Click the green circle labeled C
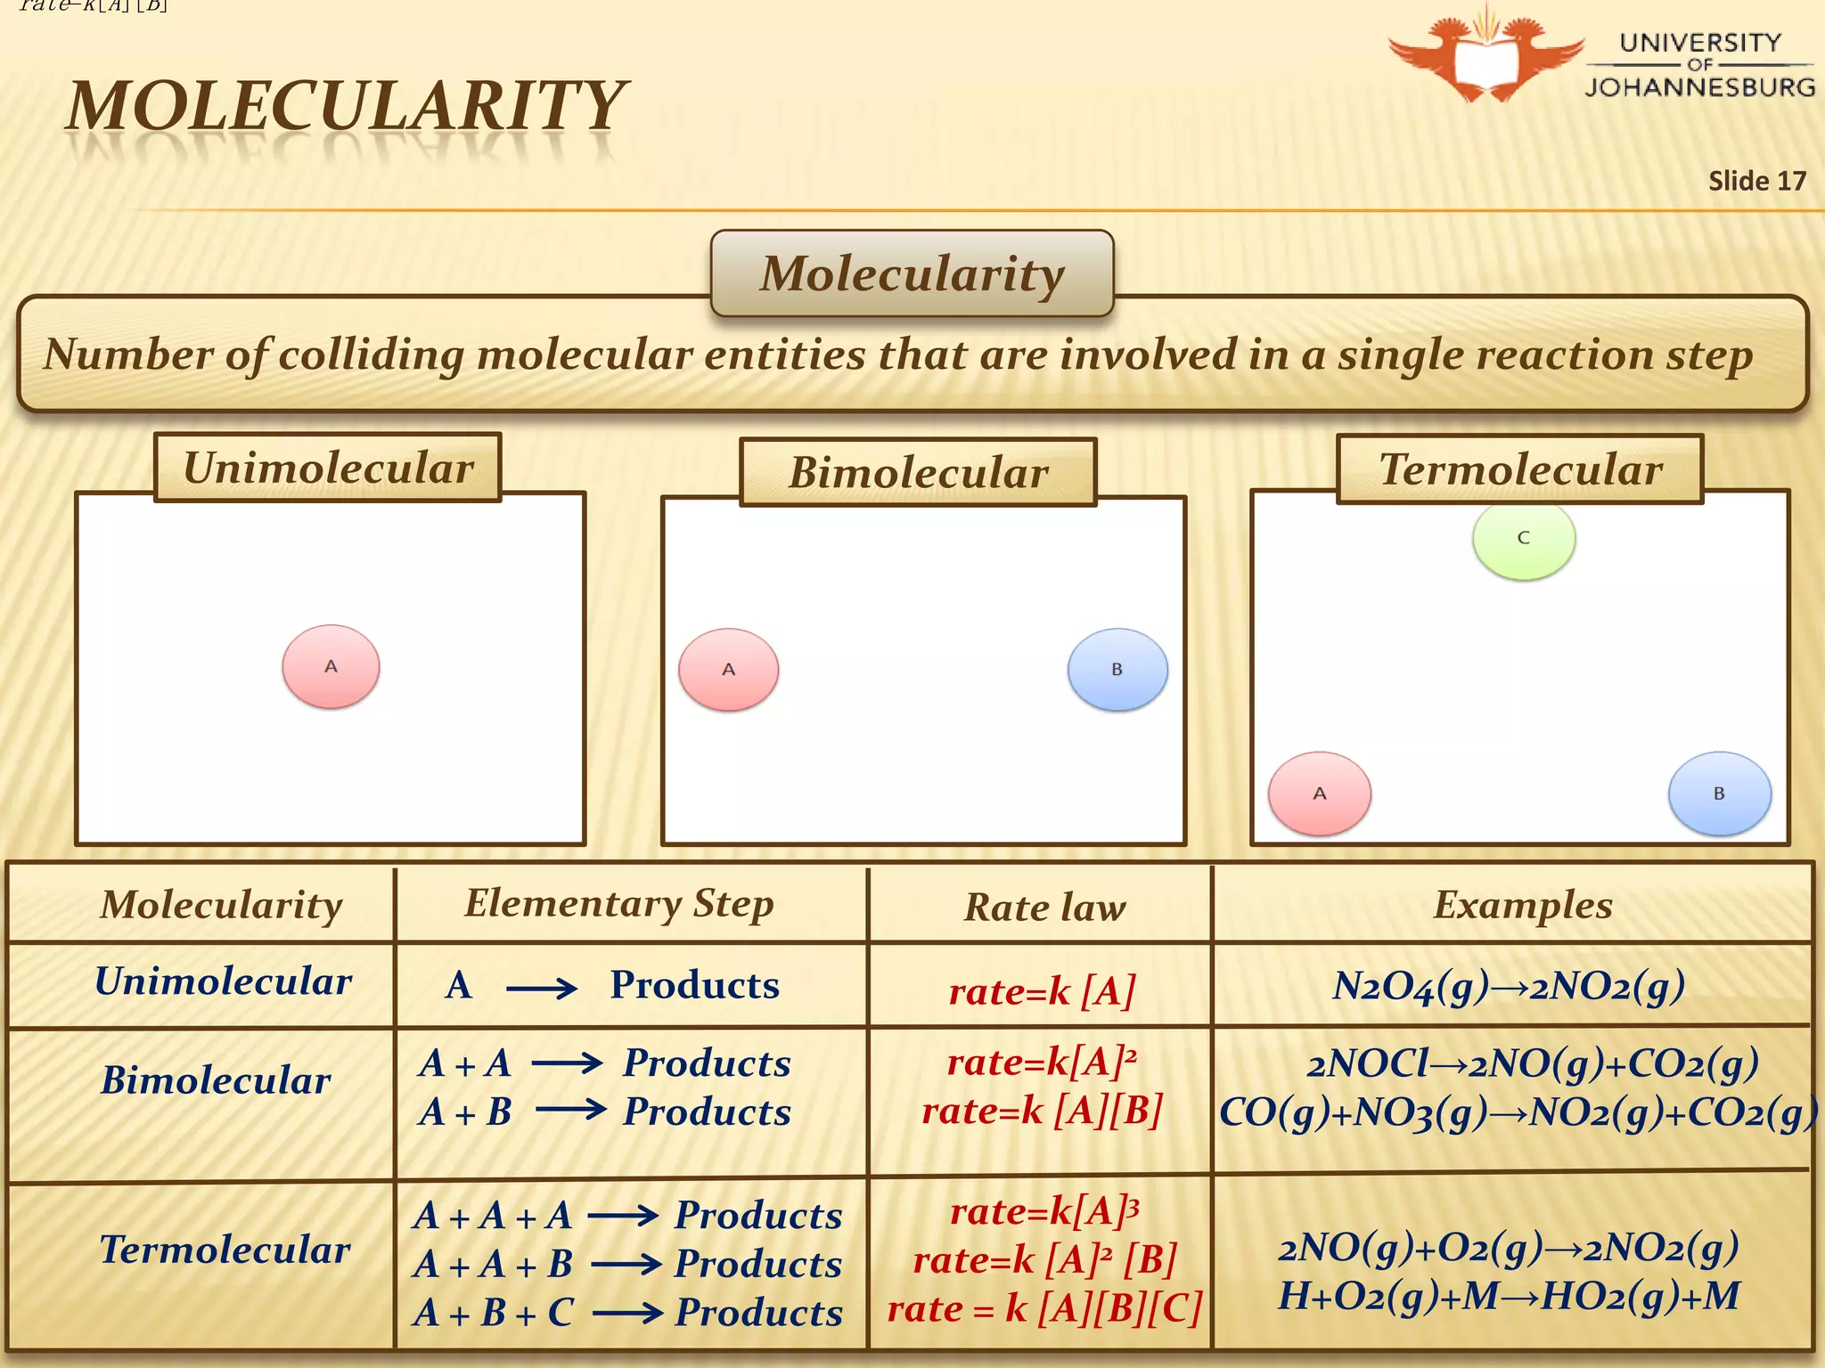pos(1524,539)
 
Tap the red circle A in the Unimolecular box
pos(331,666)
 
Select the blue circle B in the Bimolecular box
pos(1117,670)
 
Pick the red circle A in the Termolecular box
pos(1320,794)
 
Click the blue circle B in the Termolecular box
pos(1719,794)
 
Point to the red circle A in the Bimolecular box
pos(728,670)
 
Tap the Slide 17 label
pos(1756,181)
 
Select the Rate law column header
pos(1044,908)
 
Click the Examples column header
pos(1522,905)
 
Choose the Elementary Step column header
pos(619,903)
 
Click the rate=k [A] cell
pos(1042,990)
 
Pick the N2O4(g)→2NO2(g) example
pos(1509,986)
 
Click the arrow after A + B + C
pos(627,1313)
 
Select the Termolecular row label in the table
pos(225,1250)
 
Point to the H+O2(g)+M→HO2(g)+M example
pos(1509,1297)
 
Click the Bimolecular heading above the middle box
pos(918,472)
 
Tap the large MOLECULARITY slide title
pos(347,106)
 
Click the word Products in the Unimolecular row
pos(694,985)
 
